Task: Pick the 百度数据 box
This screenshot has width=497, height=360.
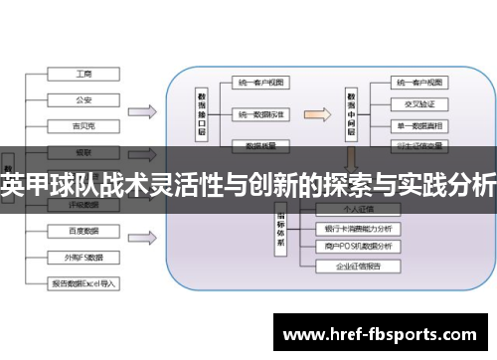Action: click(84, 231)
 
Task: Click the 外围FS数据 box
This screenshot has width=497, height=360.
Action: click(84, 256)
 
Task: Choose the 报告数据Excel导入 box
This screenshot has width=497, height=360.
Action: click(84, 282)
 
